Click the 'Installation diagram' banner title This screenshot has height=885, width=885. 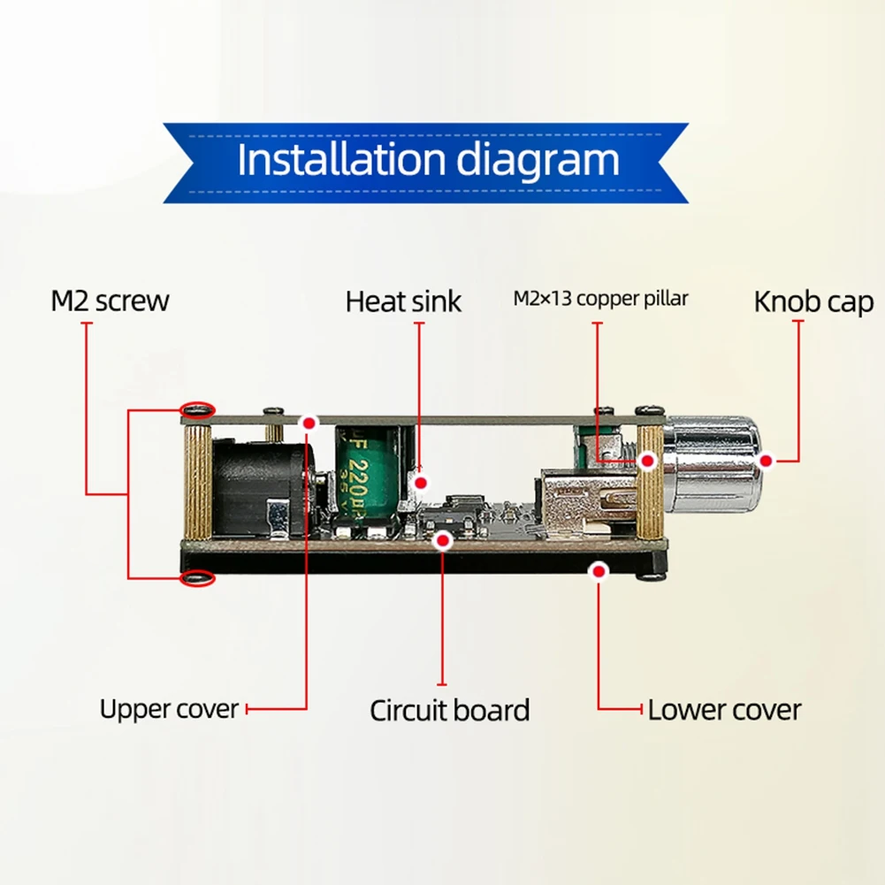click(428, 161)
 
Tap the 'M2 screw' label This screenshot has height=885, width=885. click(110, 301)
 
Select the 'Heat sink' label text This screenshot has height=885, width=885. click(403, 301)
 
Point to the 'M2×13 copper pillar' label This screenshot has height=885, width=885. click(600, 299)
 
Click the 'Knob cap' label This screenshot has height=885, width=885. click(813, 301)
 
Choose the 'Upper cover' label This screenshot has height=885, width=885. click(169, 709)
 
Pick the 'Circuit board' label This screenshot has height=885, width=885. click(449, 710)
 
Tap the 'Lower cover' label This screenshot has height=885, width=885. click(724, 710)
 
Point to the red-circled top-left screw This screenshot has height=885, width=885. click(197, 409)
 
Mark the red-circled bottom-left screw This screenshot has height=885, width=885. click(197, 577)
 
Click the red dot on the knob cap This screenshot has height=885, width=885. click(767, 461)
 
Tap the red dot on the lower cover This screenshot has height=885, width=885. click(599, 572)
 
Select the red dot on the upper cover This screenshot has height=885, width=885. click(309, 423)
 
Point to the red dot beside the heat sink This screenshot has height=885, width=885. click(423, 484)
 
